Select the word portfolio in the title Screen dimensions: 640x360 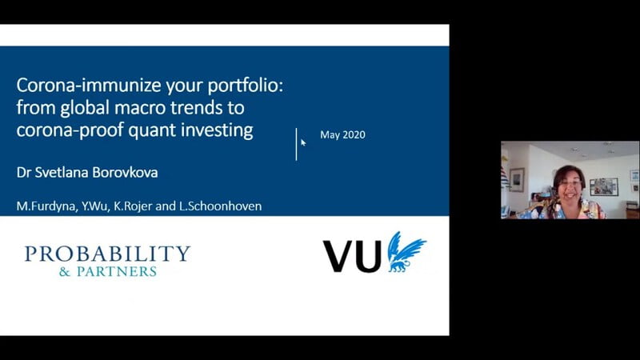click(x=246, y=86)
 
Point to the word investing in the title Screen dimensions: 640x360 click(x=217, y=130)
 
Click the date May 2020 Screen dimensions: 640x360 click(x=342, y=135)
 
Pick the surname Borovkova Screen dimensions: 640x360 click(x=125, y=172)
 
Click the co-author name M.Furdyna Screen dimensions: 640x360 click(x=46, y=206)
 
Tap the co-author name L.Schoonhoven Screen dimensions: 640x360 click(x=221, y=206)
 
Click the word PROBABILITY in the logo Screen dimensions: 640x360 click(x=107, y=254)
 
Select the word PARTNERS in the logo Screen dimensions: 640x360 click(x=117, y=271)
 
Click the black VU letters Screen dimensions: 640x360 click(x=352, y=256)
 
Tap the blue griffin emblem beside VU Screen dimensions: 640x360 click(x=406, y=252)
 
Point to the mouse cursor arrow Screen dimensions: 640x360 click(x=303, y=142)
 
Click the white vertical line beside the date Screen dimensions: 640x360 click(x=296, y=144)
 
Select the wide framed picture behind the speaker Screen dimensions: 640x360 click(x=604, y=187)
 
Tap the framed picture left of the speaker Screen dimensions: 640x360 click(x=517, y=179)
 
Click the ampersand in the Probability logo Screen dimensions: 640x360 click(x=65, y=271)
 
